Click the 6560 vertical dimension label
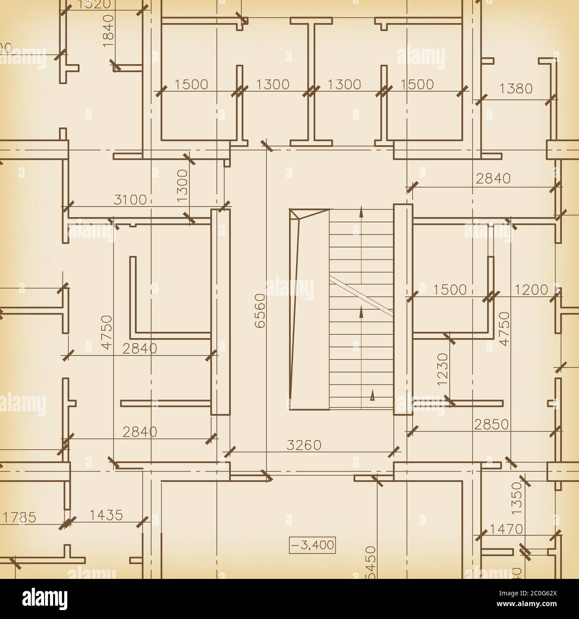tap(260, 311)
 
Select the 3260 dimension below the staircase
tap(304, 445)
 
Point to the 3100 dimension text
tap(130, 200)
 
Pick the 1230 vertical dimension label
tap(442, 370)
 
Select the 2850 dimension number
tap(491, 424)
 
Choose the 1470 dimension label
tap(506, 529)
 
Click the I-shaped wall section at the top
tap(311, 82)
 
